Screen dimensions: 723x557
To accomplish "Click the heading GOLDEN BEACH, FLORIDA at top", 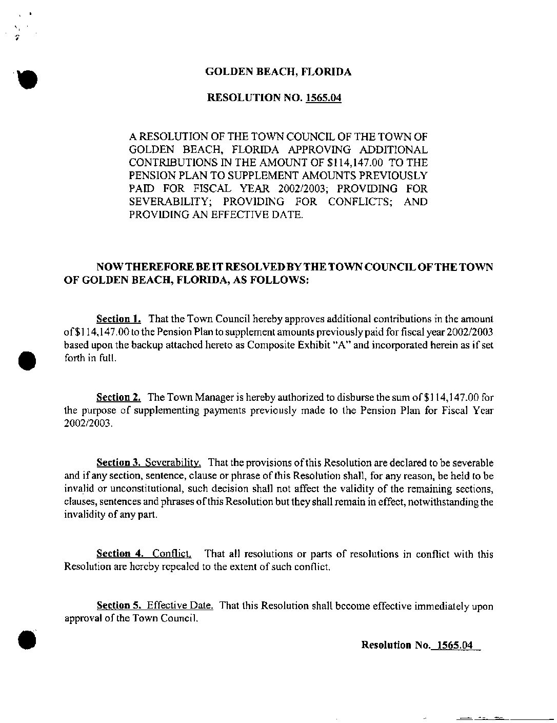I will [278, 72].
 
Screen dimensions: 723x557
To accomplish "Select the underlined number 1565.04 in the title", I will [323, 98].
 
